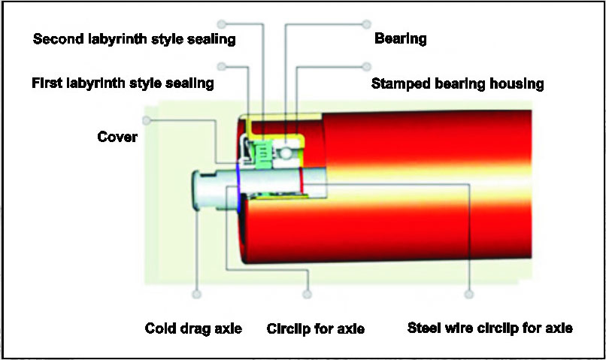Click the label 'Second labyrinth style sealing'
[135, 39]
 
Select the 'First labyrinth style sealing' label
[123, 83]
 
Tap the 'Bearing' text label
[400, 39]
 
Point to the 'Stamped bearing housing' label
[457, 83]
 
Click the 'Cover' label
[117, 137]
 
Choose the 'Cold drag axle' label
[193, 328]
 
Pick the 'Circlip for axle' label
[316, 328]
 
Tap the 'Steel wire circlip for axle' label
[489, 328]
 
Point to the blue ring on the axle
[238, 186]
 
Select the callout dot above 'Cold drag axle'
[198, 294]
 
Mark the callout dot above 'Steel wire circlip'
[470, 294]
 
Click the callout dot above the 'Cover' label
[147, 119]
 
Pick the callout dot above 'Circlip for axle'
[307, 294]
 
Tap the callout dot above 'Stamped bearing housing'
[367, 66]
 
